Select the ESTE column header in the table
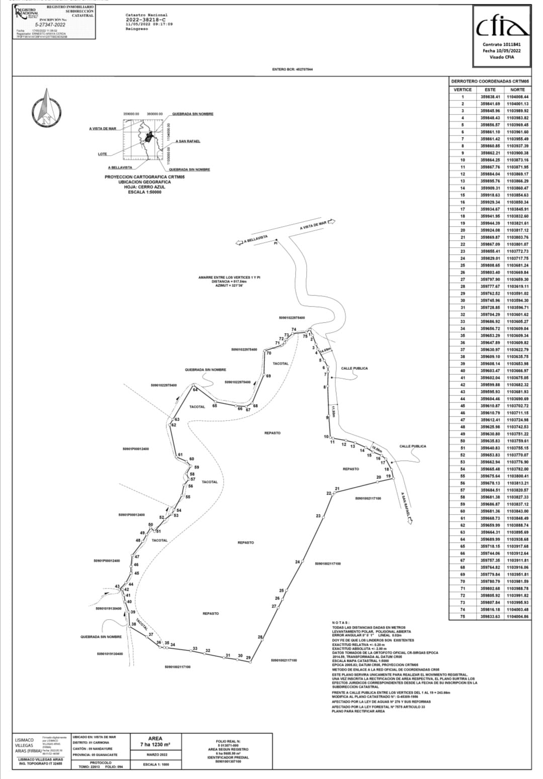tap(490, 89)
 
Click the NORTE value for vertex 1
tap(517, 96)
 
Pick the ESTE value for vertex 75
tap(490, 616)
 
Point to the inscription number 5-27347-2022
tap(50, 24)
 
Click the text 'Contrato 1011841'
tap(501, 44)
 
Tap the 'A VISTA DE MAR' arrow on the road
tap(317, 225)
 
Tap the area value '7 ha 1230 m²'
tap(155, 744)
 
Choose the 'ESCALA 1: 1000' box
tap(156, 764)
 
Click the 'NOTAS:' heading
tap(341, 623)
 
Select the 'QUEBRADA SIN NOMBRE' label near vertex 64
tap(205, 370)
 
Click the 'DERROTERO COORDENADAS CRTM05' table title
tap(490, 81)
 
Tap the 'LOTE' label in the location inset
tap(102, 154)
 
